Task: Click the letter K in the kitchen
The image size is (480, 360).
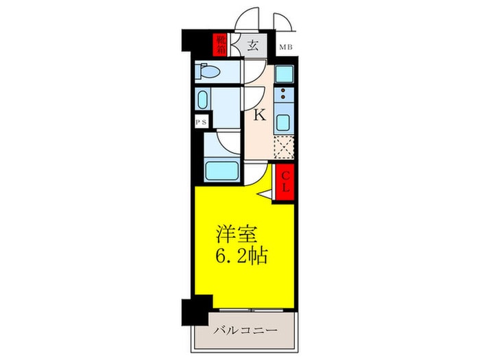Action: [x=259, y=116]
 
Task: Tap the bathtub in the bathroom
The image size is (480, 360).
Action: [x=221, y=169]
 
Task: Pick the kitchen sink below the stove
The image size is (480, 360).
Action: [x=283, y=123]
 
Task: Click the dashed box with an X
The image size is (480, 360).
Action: [x=283, y=147]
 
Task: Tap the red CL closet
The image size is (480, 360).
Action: [x=285, y=182]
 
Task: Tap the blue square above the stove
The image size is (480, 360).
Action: [x=283, y=73]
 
